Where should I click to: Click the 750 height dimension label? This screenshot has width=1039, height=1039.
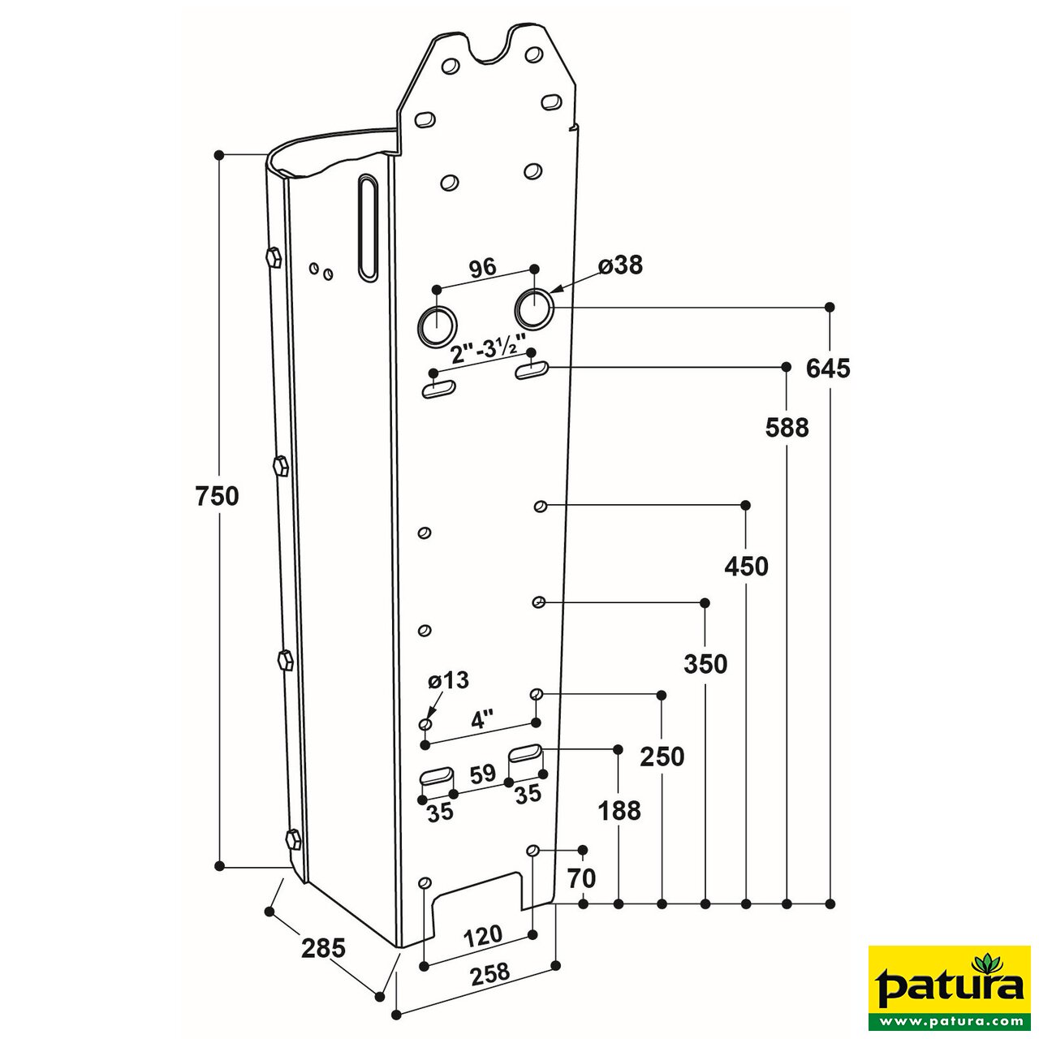pyautogui.click(x=218, y=495)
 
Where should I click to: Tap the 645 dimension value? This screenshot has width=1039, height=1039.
pyautogui.click(x=828, y=369)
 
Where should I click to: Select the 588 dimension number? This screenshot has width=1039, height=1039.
pyautogui.click(x=787, y=427)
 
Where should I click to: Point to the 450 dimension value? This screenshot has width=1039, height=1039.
pyautogui.click(x=746, y=566)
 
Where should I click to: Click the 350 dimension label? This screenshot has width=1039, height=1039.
pyautogui.click(x=705, y=664)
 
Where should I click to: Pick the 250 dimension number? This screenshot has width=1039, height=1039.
pyautogui.click(x=662, y=757)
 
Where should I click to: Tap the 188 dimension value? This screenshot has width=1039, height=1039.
pyautogui.click(x=619, y=810)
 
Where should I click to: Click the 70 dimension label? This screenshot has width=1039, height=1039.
pyautogui.click(x=582, y=877)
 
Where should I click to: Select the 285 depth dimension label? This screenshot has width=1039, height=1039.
pyautogui.click(x=323, y=947)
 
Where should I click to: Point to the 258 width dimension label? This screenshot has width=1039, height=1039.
pyautogui.click(x=489, y=972)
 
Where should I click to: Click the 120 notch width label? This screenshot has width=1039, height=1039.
pyautogui.click(x=482, y=936)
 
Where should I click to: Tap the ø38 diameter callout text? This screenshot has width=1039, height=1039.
pyautogui.click(x=620, y=265)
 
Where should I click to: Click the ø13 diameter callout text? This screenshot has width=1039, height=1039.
pyautogui.click(x=448, y=680)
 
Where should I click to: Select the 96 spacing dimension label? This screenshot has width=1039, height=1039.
pyautogui.click(x=482, y=268)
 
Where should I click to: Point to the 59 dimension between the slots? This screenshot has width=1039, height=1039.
pyautogui.click(x=482, y=774)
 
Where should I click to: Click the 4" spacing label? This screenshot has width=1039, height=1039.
pyautogui.click(x=483, y=720)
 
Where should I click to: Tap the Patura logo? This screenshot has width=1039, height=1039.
pyautogui.click(x=949, y=987)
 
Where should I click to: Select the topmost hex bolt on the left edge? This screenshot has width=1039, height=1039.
pyautogui.click(x=273, y=257)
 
